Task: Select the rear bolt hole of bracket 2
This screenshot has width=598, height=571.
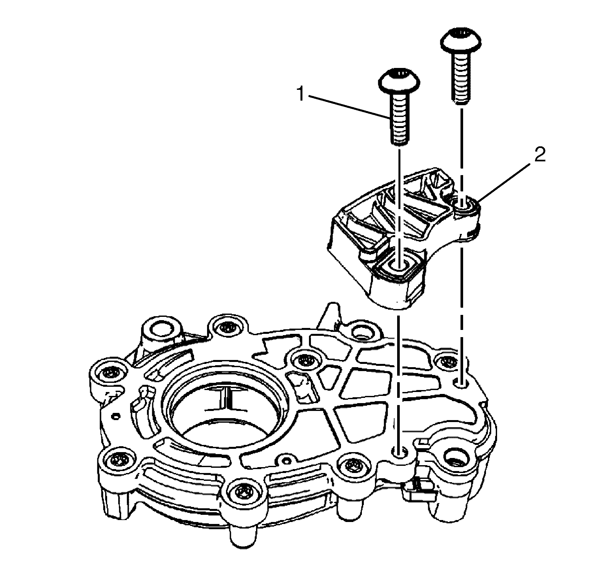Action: (462, 208)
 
